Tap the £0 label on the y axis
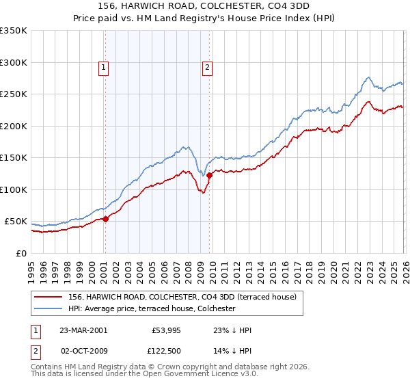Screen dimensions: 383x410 pyautogui.click(x=22, y=253)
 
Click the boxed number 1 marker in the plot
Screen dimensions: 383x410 pyautogui.click(x=103, y=67)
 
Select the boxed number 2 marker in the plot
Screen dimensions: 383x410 pyautogui.click(x=206, y=67)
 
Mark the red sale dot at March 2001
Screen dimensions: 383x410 pyautogui.click(x=105, y=219)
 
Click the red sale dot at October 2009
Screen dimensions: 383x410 pyautogui.click(x=209, y=176)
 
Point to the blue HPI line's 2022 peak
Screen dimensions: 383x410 pyautogui.click(x=368, y=77)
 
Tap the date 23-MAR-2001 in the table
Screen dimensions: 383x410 pyautogui.click(x=83, y=330)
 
